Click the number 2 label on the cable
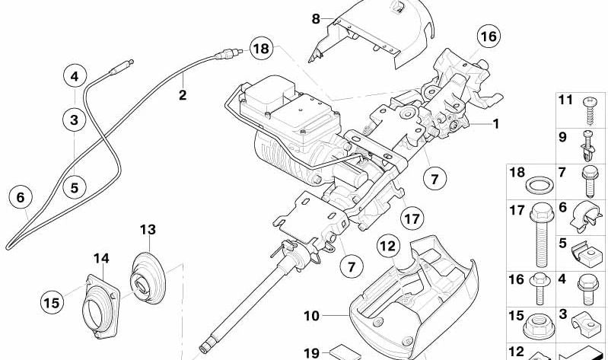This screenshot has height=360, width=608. tap(182, 95)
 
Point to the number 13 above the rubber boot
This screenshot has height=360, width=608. tap(148, 229)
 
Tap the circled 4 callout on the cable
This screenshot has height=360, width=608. tap(75, 76)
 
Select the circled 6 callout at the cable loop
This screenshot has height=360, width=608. tap(21, 198)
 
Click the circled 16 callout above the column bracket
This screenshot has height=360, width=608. tap(487, 36)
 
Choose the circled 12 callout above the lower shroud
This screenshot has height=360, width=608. tap(389, 246)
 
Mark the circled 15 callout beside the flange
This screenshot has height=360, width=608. tap(52, 303)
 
